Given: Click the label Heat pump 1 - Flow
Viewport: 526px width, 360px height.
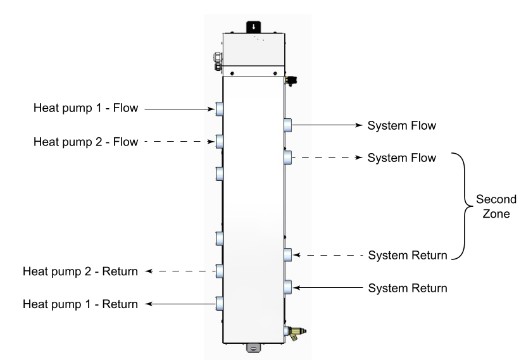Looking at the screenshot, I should [85, 108].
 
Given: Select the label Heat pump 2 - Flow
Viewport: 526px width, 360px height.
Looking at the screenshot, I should [85, 142].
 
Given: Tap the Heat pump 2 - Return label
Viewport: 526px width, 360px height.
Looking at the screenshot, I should [80, 272].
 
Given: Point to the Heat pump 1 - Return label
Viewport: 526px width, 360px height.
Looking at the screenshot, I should [80, 304].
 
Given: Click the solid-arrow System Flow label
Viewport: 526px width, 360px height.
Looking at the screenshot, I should [402, 125].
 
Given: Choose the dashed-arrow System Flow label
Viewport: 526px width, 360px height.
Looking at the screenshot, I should [402, 158].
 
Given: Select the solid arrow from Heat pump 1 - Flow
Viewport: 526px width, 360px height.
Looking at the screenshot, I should [181, 109].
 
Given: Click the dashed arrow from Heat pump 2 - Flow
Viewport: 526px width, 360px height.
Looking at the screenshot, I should [181, 142].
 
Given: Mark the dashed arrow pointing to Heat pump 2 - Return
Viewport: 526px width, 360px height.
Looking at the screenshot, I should [181, 271].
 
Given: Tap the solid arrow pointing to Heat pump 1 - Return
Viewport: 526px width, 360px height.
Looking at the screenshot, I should [181, 304].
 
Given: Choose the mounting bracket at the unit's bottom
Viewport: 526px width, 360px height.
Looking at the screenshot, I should [253, 347].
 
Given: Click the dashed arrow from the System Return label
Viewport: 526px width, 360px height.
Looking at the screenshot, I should [327, 256].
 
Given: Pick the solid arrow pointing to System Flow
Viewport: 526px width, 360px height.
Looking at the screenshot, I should [327, 125].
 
